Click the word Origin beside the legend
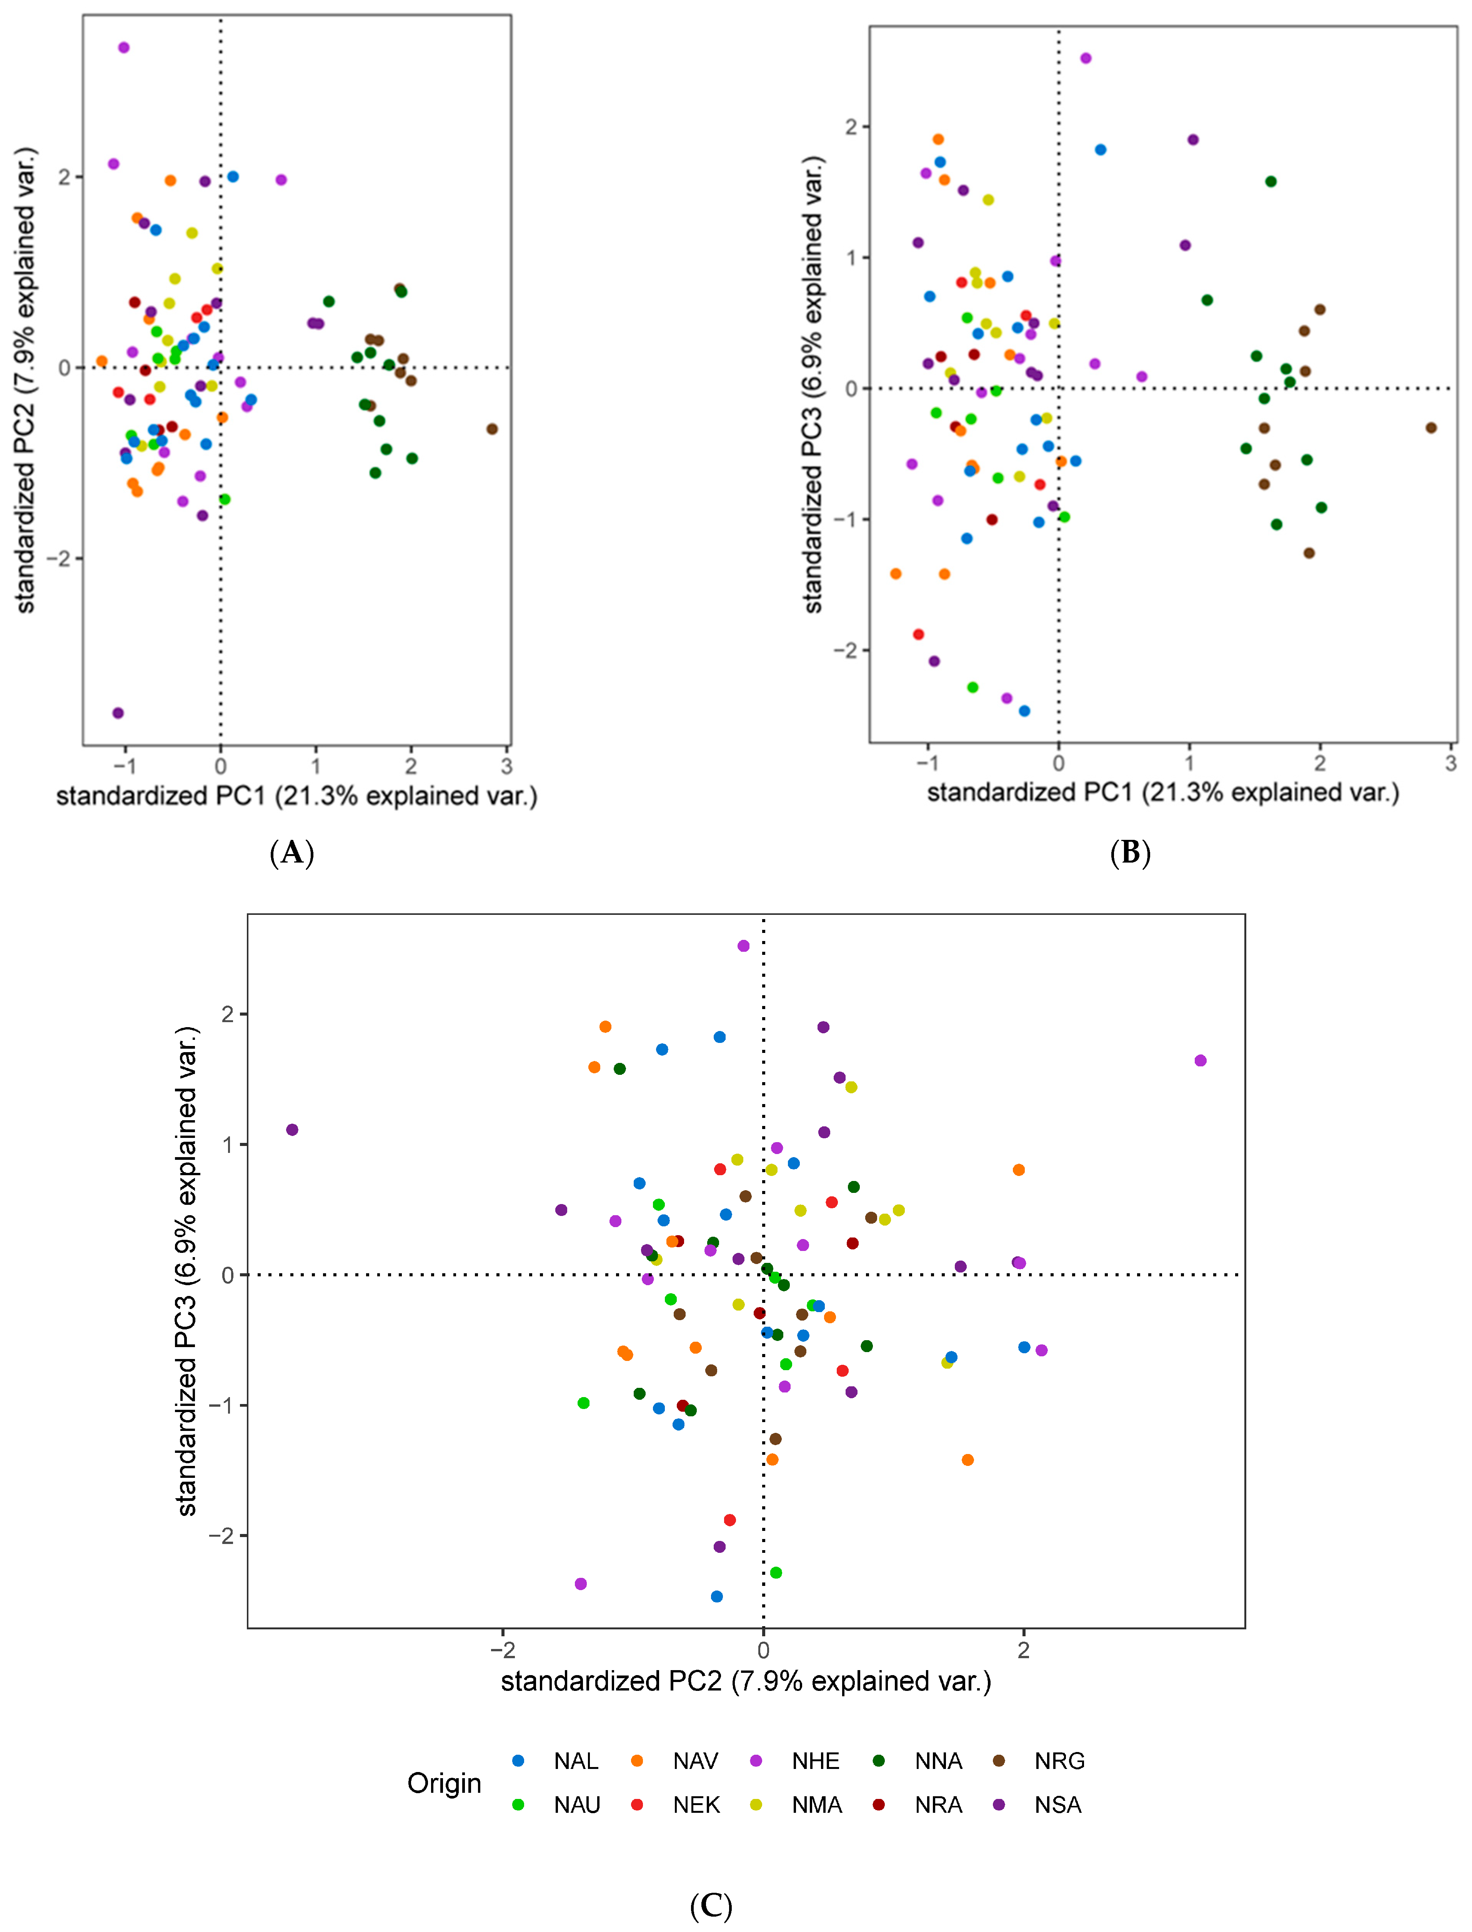pos(444,1783)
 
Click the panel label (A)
pos(292,853)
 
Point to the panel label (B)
pos(1130,853)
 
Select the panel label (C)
pos(711,1906)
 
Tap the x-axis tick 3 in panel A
pos(506,766)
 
